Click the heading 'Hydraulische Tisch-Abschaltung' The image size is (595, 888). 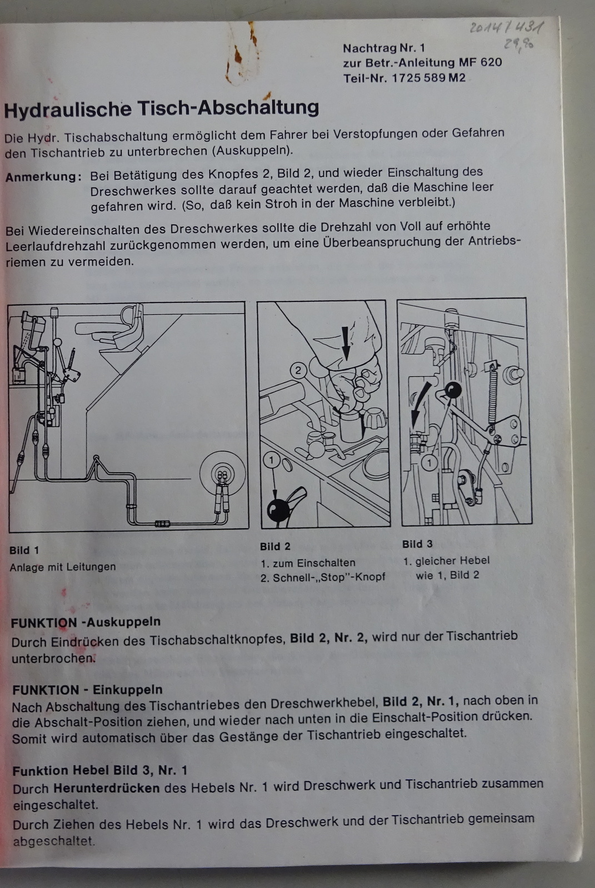click(161, 109)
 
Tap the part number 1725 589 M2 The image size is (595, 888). click(429, 78)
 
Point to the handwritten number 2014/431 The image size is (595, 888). click(507, 27)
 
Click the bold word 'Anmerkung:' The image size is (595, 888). click(43, 177)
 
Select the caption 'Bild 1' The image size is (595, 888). click(24, 550)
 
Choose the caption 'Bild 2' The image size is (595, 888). click(275, 546)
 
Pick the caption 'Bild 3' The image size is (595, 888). click(417, 544)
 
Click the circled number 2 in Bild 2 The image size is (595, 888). click(298, 371)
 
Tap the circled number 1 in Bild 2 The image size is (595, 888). click(272, 460)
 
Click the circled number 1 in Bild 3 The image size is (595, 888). click(429, 463)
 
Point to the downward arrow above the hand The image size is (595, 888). click(346, 343)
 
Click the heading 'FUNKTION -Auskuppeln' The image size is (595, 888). click(86, 622)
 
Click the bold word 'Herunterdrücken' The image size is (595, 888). click(106, 788)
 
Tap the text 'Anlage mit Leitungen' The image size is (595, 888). click(63, 567)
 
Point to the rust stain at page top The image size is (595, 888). click(240, 53)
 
